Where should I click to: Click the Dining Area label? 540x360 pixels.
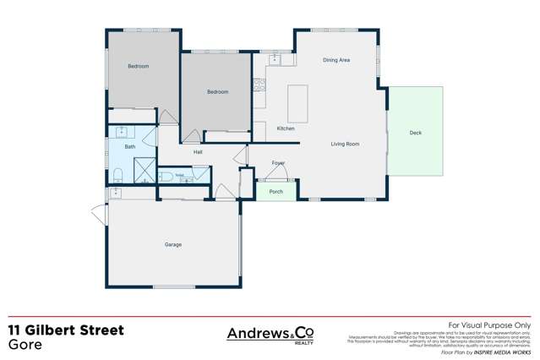336,61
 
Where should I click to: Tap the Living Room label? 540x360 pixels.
345,145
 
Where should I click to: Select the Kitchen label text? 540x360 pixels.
286,128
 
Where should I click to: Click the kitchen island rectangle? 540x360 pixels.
298,102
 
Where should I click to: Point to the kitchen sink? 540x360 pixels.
275,60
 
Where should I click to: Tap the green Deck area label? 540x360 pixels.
415,133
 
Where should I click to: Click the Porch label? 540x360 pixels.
275,192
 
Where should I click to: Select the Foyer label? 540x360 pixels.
278,162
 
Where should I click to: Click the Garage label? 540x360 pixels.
172,245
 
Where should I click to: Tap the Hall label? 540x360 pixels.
198,152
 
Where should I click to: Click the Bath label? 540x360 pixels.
130,147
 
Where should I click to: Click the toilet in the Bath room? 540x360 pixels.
118,175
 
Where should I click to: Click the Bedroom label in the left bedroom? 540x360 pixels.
139,66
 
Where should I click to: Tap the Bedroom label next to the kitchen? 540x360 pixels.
217,91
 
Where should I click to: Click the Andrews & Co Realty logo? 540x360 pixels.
270,335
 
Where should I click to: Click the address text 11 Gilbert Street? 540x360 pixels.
66,330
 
